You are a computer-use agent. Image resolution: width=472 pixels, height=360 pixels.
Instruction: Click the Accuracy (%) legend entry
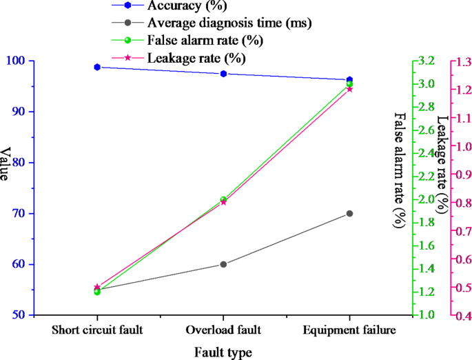coord(183,6)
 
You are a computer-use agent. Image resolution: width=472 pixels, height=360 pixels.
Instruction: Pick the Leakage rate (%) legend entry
coord(196,57)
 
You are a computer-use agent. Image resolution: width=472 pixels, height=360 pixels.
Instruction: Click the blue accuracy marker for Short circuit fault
coord(97,67)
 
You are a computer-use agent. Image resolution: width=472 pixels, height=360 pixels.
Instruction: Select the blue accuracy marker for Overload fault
coord(223,74)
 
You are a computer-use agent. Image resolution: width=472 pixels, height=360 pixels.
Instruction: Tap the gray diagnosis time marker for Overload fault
coord(223,264)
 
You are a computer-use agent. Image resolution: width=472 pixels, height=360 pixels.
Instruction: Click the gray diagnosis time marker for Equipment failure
coord(349,214)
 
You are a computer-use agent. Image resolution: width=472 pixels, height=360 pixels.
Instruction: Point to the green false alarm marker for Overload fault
coord(223,199)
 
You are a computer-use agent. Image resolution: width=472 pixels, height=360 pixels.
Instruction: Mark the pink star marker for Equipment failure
coord(349,89)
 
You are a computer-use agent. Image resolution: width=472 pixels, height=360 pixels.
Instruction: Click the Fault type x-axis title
coord(223,352)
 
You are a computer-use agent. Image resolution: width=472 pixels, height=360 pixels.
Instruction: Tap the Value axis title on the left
coord(6,164)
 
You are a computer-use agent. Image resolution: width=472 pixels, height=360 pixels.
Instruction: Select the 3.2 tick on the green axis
coord(427,61)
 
